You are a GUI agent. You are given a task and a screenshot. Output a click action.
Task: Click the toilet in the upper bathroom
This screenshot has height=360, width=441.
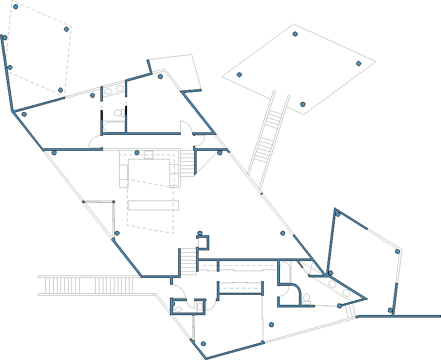point(117,113)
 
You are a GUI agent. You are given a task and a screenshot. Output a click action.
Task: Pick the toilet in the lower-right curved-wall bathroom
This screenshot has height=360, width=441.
point(307,299)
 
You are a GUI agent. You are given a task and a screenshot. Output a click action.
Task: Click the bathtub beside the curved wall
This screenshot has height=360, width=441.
point(285,272)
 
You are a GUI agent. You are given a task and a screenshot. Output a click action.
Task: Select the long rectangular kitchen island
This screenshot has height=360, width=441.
point(153,205)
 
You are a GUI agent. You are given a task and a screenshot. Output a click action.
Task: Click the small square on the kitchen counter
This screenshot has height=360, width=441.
point(148,155)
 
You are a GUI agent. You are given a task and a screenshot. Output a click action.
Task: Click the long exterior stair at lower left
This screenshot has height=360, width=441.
point(87,285)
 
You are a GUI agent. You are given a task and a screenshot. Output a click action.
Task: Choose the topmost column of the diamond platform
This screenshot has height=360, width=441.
point(295,34)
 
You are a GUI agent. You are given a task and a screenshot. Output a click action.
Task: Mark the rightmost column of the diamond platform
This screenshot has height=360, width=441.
point(358,63)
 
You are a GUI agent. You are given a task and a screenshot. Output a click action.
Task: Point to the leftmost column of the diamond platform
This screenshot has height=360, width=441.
point(239,74)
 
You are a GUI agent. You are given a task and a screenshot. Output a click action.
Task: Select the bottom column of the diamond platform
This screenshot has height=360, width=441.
point(303,104)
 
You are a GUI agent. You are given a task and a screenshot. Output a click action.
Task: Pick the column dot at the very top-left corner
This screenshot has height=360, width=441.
point(15,7)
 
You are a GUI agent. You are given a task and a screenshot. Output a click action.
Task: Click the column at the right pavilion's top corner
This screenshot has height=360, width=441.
point(338,214)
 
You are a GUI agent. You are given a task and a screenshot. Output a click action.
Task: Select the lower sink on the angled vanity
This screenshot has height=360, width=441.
point(346,293)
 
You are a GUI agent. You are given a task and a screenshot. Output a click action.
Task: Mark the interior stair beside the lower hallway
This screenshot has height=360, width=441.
point(189,260)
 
